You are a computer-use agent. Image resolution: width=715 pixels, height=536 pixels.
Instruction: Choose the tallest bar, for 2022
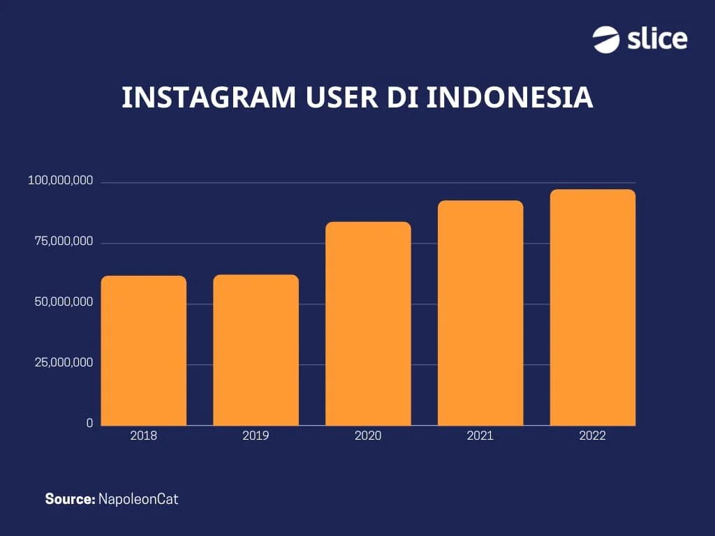tap(593, 307)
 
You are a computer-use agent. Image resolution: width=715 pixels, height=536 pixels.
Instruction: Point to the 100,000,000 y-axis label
tap(60, 181)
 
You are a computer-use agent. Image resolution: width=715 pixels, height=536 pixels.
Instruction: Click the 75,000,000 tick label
tap(64, 242)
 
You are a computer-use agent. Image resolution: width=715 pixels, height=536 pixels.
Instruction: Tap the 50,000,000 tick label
tap(64, 303)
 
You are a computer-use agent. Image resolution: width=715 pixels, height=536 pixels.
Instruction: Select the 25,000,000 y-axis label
tap(64, 363)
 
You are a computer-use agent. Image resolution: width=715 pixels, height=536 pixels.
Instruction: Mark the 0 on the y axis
tap(89, 424)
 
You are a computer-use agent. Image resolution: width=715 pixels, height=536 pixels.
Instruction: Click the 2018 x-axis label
tap(144, 436)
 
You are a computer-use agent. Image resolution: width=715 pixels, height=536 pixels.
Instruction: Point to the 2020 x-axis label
tap(368, 436)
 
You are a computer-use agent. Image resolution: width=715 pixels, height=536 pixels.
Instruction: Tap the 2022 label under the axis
tap(593, 436)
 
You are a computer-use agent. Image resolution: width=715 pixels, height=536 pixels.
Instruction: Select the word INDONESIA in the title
tap(510, 98)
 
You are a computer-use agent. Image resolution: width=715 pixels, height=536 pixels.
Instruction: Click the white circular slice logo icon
tap(606, 39)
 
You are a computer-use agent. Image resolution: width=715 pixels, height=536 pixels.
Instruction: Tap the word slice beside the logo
tap(657, 39)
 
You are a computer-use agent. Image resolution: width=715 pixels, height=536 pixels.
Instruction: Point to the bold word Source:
tap(70, 499)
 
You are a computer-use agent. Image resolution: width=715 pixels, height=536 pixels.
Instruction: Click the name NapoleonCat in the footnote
tap(138, 499)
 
